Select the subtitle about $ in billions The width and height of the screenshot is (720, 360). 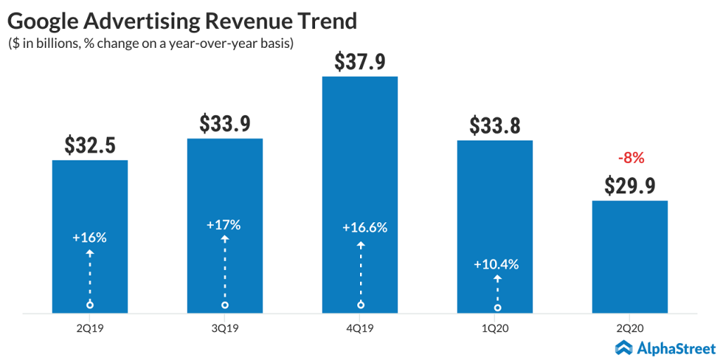coord(150,44)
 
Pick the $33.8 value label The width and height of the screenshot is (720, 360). coord(494,126)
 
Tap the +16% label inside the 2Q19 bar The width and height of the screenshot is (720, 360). coord(89,238)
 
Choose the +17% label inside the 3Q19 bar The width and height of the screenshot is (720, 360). coord(224,226)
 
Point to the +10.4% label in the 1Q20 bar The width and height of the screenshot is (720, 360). coord(496,265)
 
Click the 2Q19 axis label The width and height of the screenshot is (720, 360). coord(90,327)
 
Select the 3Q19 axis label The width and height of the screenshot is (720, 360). coord(224,327)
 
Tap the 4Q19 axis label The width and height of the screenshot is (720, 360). coord(359,327)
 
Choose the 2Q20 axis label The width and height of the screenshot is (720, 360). coord(629,327)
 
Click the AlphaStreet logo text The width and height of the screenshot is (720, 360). coord(676,348)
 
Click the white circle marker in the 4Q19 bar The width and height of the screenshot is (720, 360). coord(361,304)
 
